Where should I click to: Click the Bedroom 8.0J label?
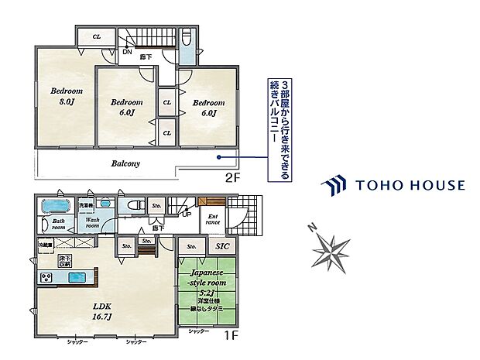click(67, 95)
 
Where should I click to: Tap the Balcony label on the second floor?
click(125, 163)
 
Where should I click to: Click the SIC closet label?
click(222, 247)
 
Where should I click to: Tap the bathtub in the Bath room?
click(53, 207)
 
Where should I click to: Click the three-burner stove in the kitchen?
click(46, 278)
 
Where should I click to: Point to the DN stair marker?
click(126, 53)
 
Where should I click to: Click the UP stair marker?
click(187, 214)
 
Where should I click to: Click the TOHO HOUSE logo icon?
click(334, 185)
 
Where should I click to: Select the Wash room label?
click(91, 222)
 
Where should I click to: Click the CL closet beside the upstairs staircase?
click(98, 36)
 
